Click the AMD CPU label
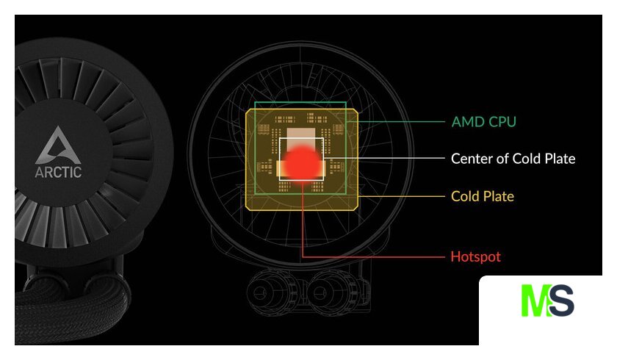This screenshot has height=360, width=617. (483, 122)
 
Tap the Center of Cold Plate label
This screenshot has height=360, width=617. (513, 159)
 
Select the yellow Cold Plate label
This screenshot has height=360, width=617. (483, 196)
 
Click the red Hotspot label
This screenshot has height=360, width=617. (476, 256)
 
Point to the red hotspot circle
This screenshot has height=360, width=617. (302, 162)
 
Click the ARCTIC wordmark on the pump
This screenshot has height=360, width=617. (58, 172)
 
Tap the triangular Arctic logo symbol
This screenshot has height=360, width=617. (58, 145)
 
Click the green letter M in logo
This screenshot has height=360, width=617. (535, 300)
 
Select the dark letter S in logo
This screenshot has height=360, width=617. (561, 300)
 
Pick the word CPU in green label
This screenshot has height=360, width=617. (502, 122)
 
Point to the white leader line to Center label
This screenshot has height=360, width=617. (383, 158)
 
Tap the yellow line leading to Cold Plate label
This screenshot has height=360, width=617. (401, 196)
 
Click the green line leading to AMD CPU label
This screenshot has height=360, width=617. (395, 122)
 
